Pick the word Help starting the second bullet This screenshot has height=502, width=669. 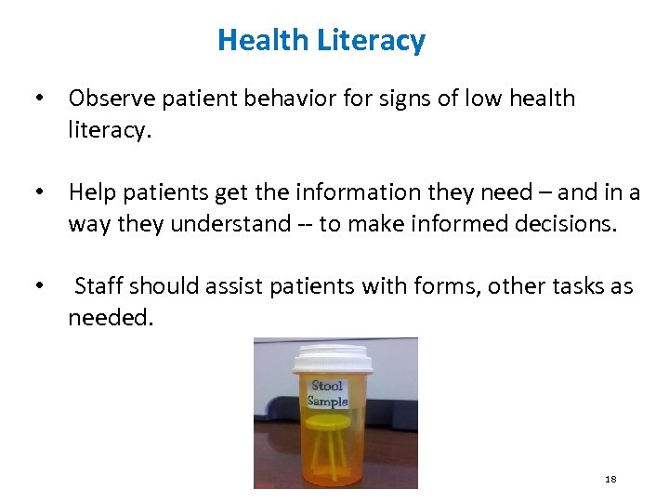(x=90, y=192)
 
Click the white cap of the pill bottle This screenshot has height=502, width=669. (x=332, y=358)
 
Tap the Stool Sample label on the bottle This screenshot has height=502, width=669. (x=328, y=393)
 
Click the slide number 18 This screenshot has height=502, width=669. (x=610, y=479)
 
